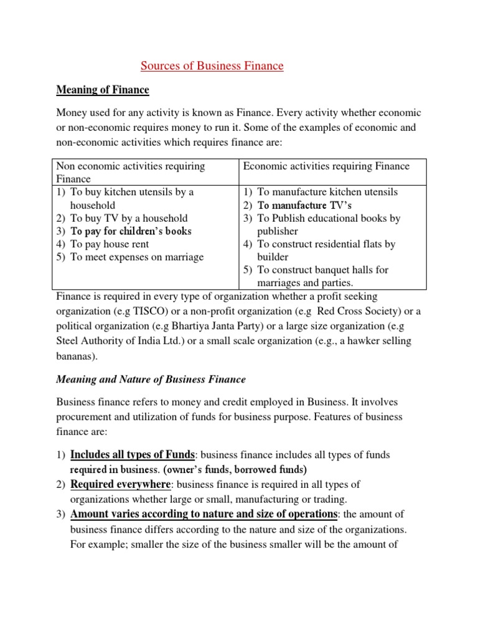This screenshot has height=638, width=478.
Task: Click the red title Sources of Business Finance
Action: (x=212, y=65)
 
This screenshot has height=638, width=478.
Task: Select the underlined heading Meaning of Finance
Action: (x=103, y=90)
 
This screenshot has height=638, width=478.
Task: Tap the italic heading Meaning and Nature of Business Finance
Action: (x=151, y=379)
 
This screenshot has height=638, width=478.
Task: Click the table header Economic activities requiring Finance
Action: (x=326, y=166)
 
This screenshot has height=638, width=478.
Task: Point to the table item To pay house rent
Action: (x=110, y=244)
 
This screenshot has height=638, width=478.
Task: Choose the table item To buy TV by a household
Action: (x=129, y=218)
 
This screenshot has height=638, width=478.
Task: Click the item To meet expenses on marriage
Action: (x=137, y=257)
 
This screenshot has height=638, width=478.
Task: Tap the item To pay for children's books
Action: (x=131, y=231)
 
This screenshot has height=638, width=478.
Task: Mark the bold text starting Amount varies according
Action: (x=204, y=514)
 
